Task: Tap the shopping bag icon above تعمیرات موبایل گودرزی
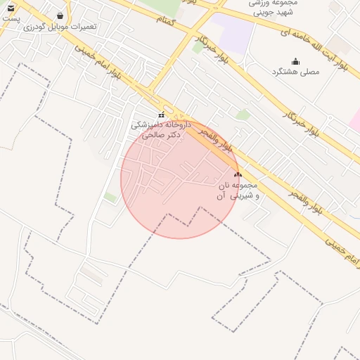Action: coord(60,15)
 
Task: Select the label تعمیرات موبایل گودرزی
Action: coord(60,27)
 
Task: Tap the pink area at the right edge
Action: coord(354,120)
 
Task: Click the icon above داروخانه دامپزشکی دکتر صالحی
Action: coord(161,115)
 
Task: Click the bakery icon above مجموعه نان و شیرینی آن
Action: coord(237,174)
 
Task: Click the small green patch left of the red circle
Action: coord(110,198)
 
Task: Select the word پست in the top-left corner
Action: coord(10,18)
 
